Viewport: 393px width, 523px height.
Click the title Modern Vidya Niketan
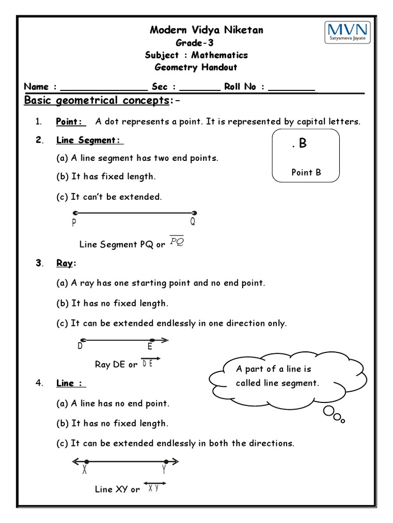pyautogui.click(x=206, y=30)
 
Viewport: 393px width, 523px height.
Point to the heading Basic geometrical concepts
pyautogui.click(x=97, y=100)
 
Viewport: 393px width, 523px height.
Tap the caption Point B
pyautogui.click(x=306, y=172)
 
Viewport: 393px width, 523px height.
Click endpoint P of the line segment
pyautogui.click(x=75, y=213)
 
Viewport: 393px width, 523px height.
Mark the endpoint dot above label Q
pyautogui.click(x=194, y=213)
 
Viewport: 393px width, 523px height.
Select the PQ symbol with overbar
pyautogui.click(x=177, y=241)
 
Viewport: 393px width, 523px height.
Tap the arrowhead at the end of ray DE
pyautogui.click(x=165, y=340)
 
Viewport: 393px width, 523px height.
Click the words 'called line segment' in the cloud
pyautogui.click(x=277, y=383)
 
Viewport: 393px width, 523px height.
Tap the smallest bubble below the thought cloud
pyautogui.click(x=343, y=421)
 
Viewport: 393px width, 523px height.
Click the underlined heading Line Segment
pyautogui.click(x=90, y=140)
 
